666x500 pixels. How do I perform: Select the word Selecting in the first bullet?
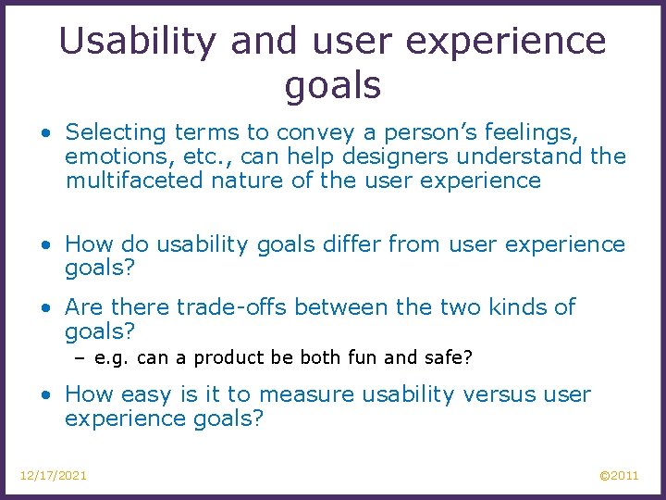click(x=115, y=133)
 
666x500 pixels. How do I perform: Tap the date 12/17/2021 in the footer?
click(x=54, y=475)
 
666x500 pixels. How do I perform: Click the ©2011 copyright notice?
click(x=619, y=475)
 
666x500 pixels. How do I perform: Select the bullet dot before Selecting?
click(x=46, y=134)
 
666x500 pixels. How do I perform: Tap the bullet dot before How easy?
click(x=46, y=395)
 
